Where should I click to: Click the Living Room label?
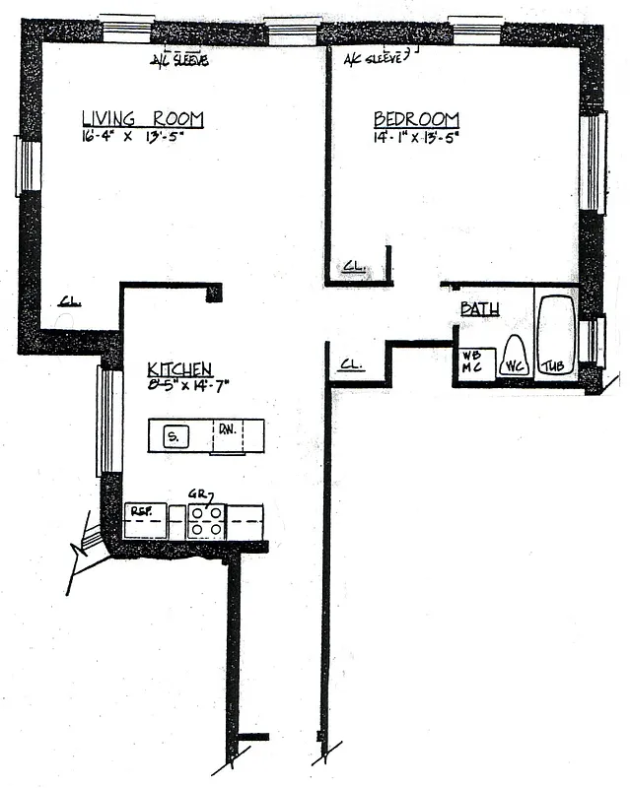(143, 119)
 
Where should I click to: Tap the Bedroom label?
(416, 120)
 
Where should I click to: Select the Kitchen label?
(179, 368)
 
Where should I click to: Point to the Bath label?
(480, 309)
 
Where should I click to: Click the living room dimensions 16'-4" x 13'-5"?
(134, 137)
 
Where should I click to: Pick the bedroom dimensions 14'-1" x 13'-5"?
(416, 138)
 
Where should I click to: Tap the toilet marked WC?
(514, 357)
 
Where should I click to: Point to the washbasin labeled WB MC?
(472, 361)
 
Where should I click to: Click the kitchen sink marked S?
(176, 435)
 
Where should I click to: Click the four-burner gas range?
(206, 520)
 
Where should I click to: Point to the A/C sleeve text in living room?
(178, 60)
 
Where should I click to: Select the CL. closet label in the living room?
(68, 302)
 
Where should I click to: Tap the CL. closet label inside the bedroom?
(353, 267)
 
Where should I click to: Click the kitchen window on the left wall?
(108, 420)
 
